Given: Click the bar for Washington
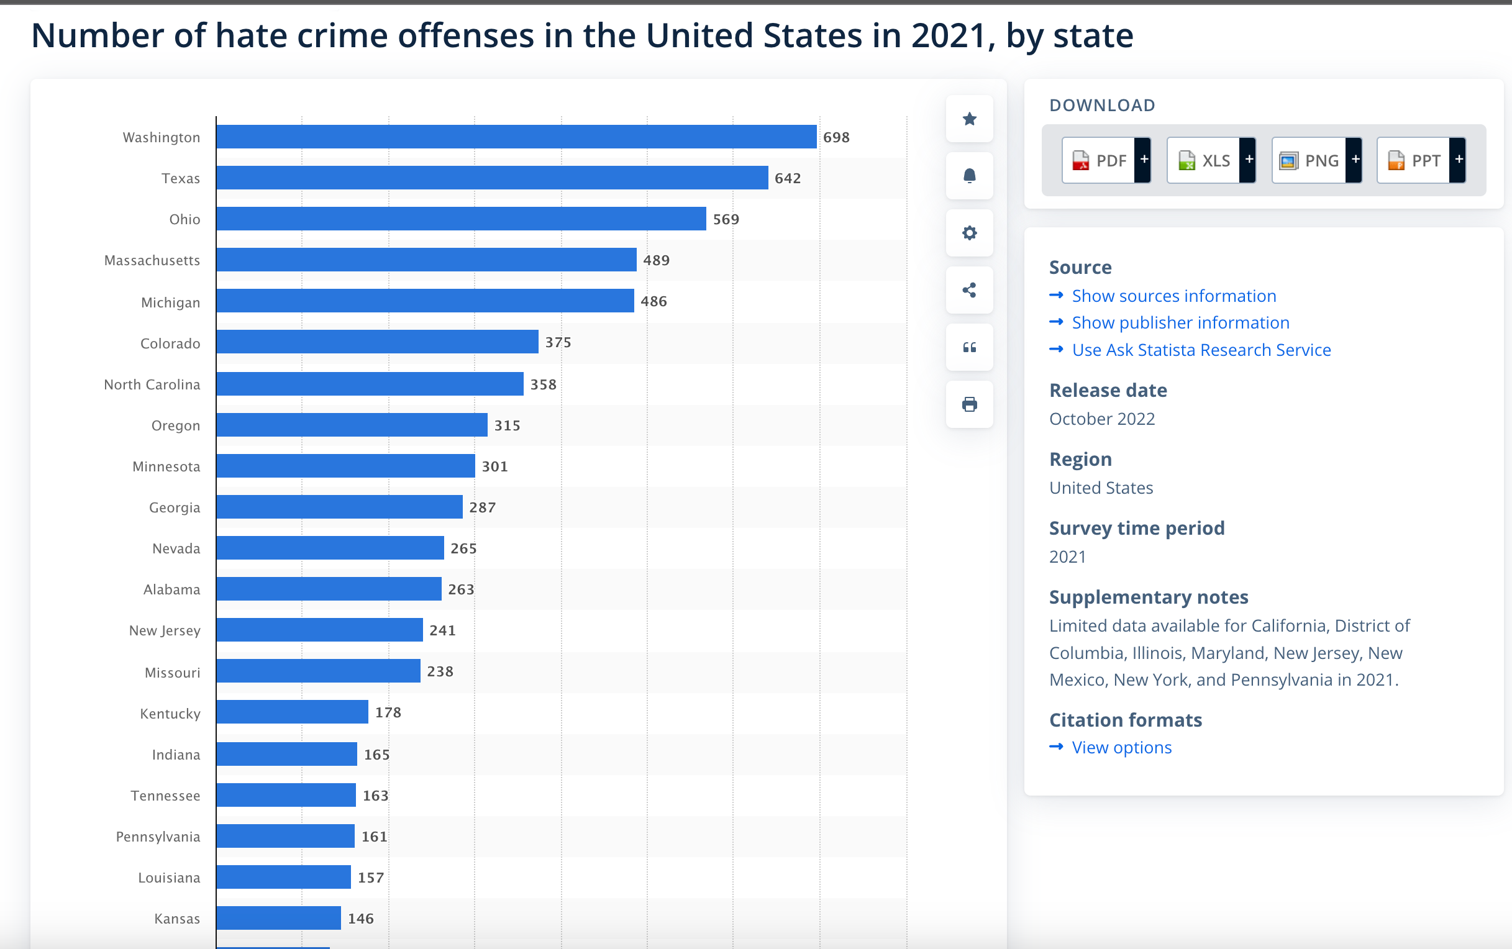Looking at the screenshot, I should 516,137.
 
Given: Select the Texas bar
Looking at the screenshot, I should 492,178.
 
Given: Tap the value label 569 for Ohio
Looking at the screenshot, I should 726,219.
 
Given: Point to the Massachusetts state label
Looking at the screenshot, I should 152,260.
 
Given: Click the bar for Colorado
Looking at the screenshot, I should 377,342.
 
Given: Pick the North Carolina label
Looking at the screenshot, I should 152,384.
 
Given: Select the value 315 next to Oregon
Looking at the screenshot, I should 507,425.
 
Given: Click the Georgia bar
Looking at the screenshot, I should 340,507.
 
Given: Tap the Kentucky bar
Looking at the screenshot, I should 293,712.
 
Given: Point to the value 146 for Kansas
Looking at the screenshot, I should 361,918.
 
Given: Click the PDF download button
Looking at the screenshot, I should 1105,161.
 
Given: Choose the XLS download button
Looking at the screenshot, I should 1210,161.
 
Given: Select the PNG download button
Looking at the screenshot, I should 1316,161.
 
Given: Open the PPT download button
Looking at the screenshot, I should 1420,161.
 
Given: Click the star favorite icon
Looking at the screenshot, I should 969,119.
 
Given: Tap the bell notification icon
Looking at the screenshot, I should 969,176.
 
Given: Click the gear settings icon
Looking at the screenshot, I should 969,233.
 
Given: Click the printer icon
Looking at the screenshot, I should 969,404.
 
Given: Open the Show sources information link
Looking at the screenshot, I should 1173,296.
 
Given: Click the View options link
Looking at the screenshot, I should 1121,747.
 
